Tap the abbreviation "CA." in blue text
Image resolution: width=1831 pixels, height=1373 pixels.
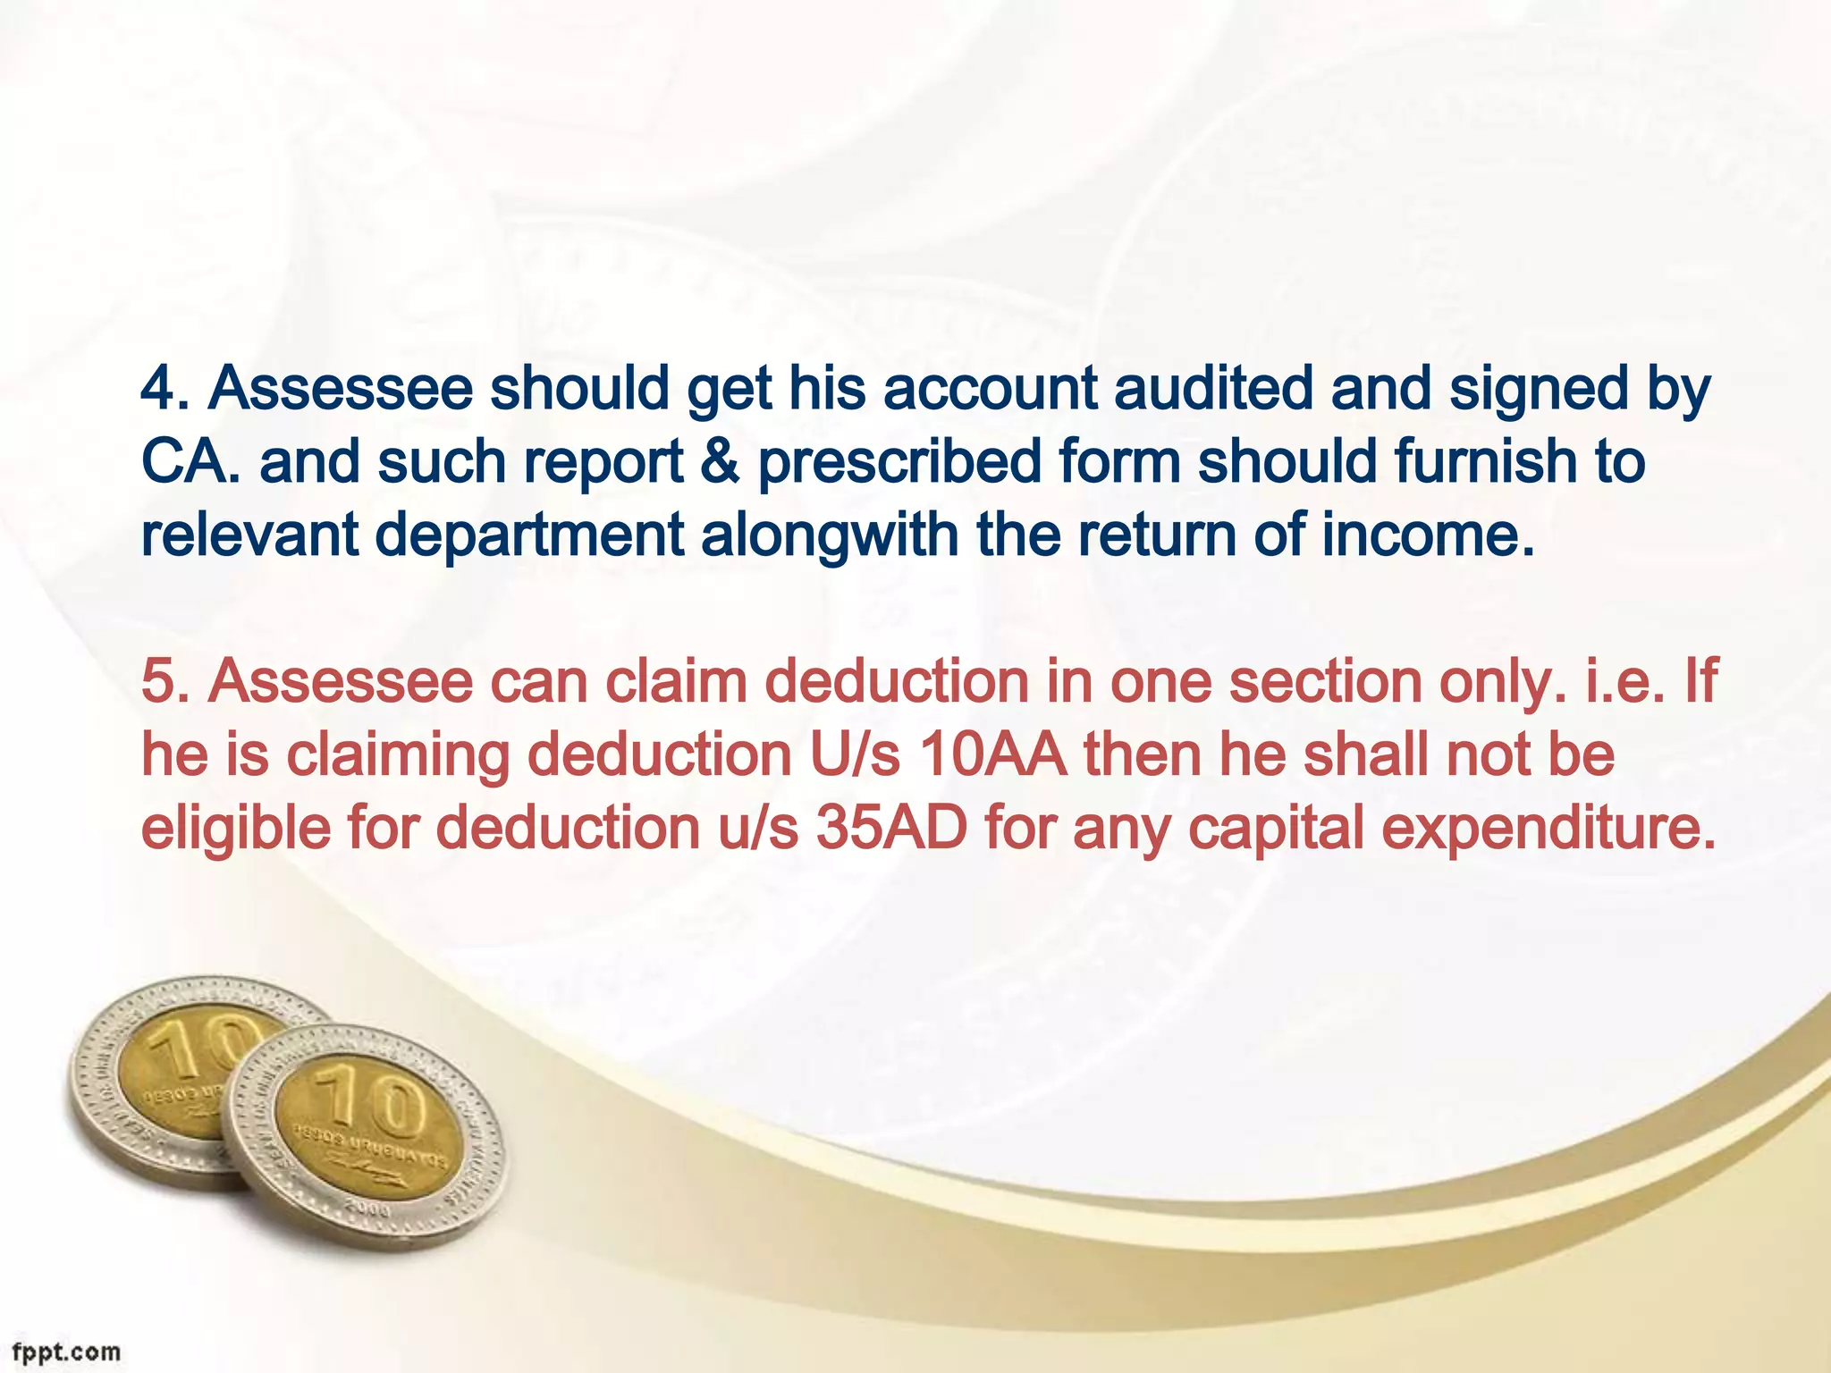(191, 462)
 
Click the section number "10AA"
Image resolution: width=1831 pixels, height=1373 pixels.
(992, 755)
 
